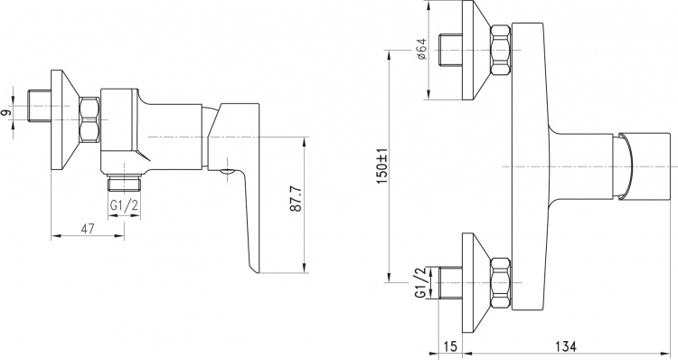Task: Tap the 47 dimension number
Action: [88, 229]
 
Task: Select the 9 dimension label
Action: [5, 113]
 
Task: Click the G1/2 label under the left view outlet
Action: [124, 205]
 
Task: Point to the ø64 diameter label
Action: [421, 50]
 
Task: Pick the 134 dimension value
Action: [567, 346]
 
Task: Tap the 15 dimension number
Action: [450, 346]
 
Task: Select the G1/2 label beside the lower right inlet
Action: [420, 283]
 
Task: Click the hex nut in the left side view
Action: [89, 120]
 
